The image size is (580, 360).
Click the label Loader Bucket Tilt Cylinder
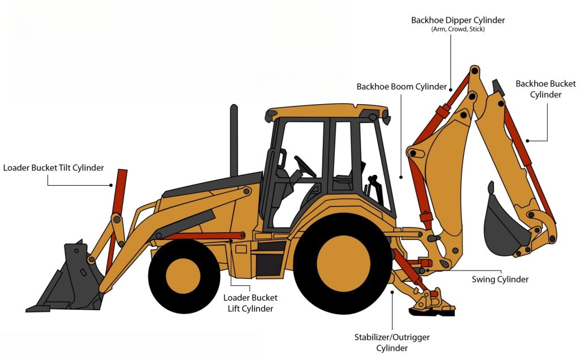[x=53, y=168]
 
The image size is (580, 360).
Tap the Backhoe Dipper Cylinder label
[x=458, y=20]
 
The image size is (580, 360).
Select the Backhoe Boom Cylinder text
[x=402, y=87]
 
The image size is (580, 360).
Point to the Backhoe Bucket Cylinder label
[x=545, y=89]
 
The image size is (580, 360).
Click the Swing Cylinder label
[x=500, y=280]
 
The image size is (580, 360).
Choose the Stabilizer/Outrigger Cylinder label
[x=392, y=342]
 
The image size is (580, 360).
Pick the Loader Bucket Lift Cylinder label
[x=250, y=303]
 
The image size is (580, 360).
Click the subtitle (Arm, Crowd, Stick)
[x=458, y=29]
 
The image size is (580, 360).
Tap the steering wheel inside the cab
[x=305, y=166]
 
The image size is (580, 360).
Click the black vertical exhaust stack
[x=234, y=140]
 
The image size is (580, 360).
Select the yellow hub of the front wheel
[x=184, y=276]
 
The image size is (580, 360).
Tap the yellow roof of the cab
[x=327, y=111]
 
